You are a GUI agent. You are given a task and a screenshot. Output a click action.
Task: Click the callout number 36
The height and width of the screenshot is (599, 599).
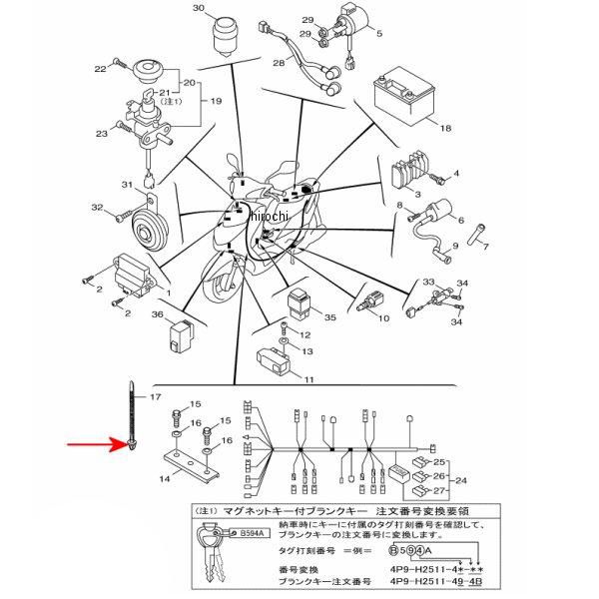coord(157,315)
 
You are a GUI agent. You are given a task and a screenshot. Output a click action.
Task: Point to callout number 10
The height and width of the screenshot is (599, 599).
coord(382,318)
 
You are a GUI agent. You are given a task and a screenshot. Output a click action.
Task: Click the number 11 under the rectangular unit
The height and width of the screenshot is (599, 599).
coord(308,379)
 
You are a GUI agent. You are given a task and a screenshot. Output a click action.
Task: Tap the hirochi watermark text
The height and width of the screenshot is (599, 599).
coord(270,217)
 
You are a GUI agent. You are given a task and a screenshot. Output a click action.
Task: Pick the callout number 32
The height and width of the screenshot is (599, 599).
coord(97,209)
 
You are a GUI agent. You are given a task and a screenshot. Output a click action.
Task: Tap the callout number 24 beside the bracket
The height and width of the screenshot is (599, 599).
coord(462,479)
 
